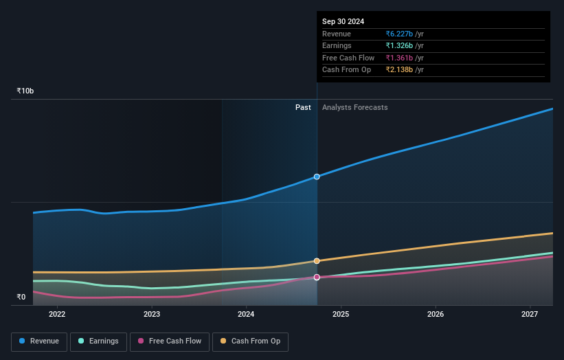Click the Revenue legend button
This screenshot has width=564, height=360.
[x=39, y=341]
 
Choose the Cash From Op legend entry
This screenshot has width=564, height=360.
[x=251, y=341]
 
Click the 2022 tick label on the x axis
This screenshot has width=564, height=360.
[x=57, y=315]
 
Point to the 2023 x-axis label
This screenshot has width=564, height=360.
[x=152, y=315]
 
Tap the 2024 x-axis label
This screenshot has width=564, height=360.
[x=246, y=315]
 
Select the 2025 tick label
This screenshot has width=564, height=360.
[x=341, y=315]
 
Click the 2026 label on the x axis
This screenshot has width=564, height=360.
[x=436, y=315]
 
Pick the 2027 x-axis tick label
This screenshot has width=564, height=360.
[x=530, y=315]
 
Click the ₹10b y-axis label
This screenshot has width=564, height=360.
[x=25, y=91]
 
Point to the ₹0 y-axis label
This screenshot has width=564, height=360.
[x=21, y=297]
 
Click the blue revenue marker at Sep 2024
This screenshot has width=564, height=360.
[x=317, y=177]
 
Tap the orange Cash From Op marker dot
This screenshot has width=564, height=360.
[x=317, y=261]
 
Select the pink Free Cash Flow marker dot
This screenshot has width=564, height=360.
[x=317, y=278]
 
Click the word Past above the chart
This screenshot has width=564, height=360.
[x=303, y=107]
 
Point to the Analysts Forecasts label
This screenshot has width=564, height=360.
[x=354, y=107]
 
